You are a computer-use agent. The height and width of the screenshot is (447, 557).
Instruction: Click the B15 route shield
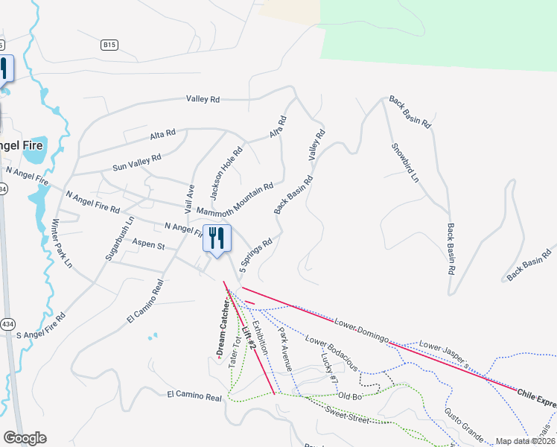coord(109,45)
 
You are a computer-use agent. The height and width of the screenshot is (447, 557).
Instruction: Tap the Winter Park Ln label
coord(62,243)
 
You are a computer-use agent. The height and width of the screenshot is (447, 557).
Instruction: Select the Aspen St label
coord(147,244)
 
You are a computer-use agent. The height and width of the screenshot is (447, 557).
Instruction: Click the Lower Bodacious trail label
coord(332,355)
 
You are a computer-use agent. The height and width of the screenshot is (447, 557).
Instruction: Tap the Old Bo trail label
coord(349,396)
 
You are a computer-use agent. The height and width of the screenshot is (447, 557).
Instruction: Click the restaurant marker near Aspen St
coord(217,238)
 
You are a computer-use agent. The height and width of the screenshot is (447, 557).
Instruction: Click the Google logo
coord(25,438)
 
